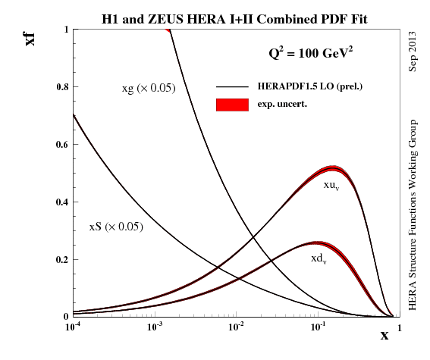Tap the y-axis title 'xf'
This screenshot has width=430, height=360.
pos(30,36)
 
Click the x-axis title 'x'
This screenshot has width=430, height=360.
pos(384,335)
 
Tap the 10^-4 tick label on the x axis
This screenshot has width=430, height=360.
pos(74,328)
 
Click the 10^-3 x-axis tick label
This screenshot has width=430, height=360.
pos(155,328)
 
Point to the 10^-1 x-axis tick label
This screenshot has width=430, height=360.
pos(317,328)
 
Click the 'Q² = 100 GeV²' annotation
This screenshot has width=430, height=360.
pos(310,54)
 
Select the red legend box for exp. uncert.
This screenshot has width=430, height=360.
pos(233,104)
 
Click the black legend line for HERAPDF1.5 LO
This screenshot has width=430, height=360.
pos(233,87)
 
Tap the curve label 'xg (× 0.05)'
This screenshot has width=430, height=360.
pos(149,88)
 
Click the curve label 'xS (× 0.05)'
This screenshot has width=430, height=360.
pos(116,227)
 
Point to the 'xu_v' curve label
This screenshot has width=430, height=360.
pos(331,186)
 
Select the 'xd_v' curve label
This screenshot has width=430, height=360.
pos(319,259)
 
